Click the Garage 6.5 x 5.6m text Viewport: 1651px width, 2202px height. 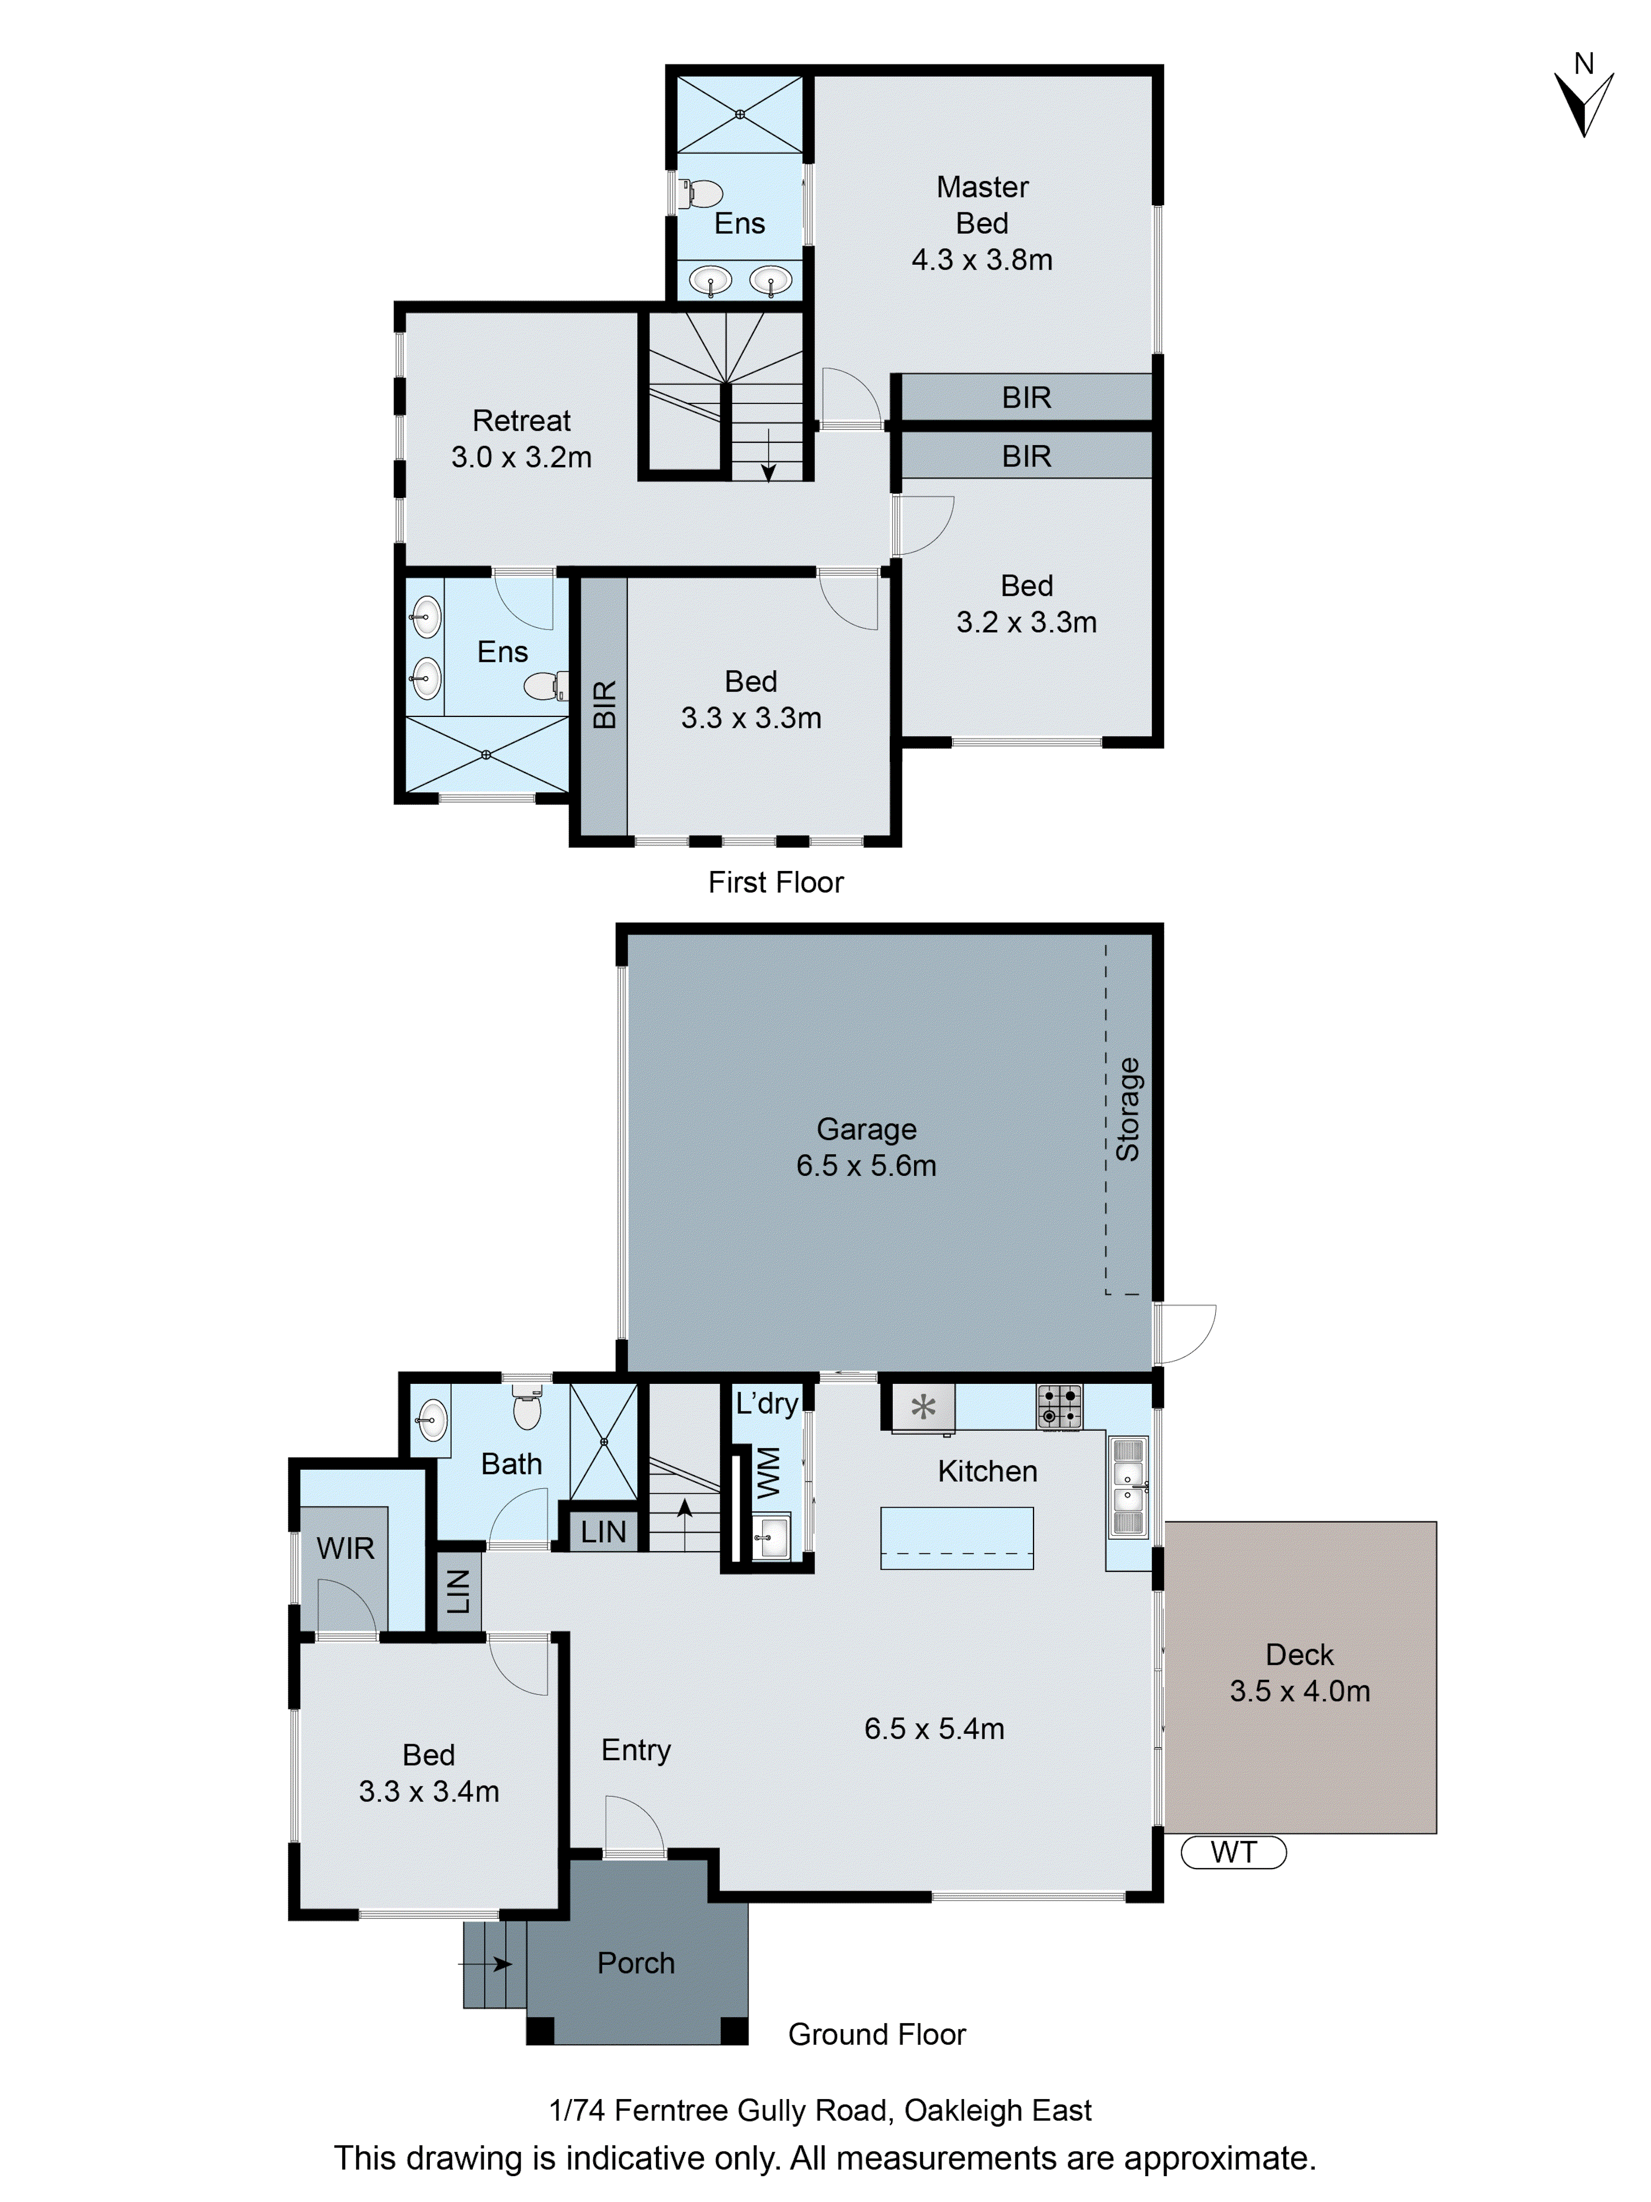pyautogui.click(x=865, y=1147)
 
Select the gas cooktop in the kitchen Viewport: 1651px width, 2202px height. pyautogui.click(x=1058, y=1407)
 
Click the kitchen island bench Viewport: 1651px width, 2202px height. pyautogui.click(x=956, y=1538)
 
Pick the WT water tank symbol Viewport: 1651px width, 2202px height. pyautogui.click(x=1233, y=1853)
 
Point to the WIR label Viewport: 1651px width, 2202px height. pyautogui.click(x=345, y=1548)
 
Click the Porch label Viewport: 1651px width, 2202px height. pyautogui.click(x=635, y=1963)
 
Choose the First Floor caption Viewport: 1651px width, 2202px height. pyautogui.click(x=775, y=882)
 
